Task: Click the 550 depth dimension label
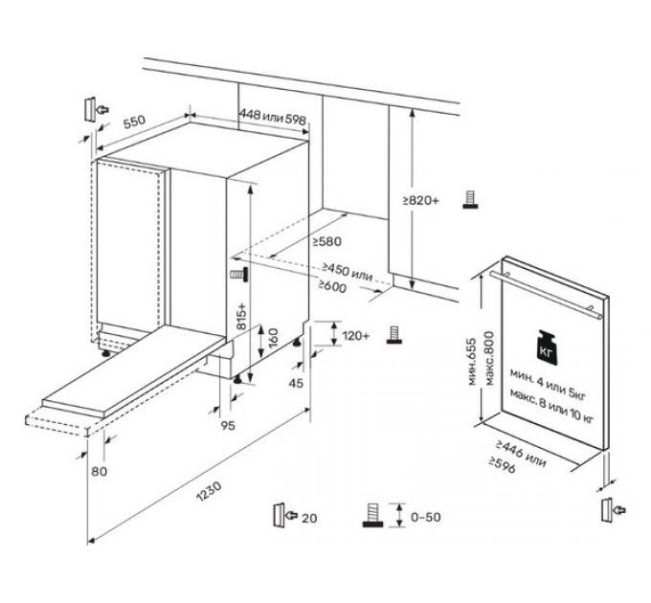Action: pos(133,123)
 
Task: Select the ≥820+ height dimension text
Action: pos(421,200)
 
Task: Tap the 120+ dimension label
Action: pos(355,336)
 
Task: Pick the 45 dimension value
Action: pos(295,384)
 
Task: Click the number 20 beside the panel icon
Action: pos(308,518)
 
